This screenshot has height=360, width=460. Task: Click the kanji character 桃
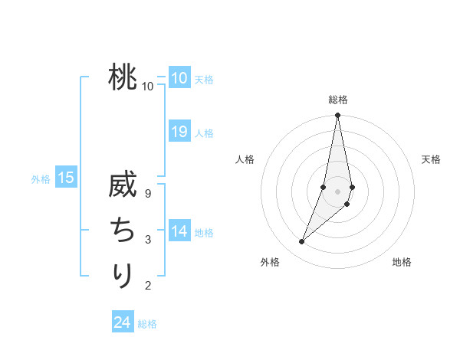coord(123,77)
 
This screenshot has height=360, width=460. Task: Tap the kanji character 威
coord(123,188)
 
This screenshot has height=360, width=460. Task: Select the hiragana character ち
coord(123,231)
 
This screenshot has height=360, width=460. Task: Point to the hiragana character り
coord(123,275)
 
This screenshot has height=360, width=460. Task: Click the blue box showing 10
coord(179,77)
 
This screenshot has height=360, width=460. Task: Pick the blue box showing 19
coord(179,131)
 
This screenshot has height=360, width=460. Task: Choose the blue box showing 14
coord(179,231)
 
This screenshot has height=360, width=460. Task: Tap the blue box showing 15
coord(66,178)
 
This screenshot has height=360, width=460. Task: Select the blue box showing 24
coord(123,322)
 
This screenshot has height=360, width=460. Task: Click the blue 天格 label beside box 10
coord(204,79)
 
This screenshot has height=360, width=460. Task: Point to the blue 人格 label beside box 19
coord(204,133)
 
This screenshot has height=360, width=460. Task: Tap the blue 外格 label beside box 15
coord(41,179)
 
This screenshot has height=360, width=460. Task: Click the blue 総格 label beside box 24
coord(147,324)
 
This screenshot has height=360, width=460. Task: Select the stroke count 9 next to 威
coord(148,193)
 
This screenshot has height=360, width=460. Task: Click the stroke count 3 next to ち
coord(148,240)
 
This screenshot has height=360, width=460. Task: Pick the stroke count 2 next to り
coord(148,286)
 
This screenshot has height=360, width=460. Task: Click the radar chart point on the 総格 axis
coord(337,116)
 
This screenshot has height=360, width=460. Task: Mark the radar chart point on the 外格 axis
coord(302,242)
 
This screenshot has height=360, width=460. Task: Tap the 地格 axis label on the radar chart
coord(402,263)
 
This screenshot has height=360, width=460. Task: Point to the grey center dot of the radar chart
coord(337,191)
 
